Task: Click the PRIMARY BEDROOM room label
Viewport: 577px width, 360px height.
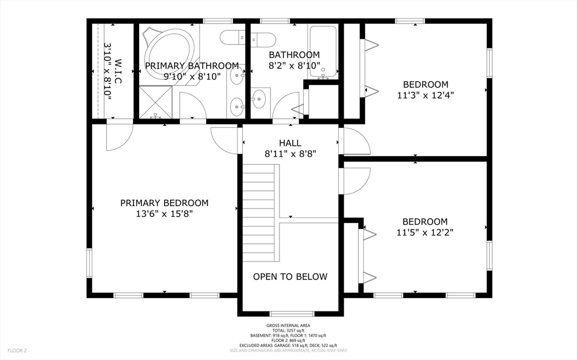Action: coord(165,203)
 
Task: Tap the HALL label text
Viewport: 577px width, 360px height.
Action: coord(290,143)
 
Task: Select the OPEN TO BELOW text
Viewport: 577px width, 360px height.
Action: coord(290,277)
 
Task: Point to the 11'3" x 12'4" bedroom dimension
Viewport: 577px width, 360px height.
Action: coord(425,95)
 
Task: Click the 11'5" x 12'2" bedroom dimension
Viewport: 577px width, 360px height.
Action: coord(425,232)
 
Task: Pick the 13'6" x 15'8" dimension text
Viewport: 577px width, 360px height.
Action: coord(165,214)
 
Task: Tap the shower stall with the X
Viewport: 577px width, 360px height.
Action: coord(156,103)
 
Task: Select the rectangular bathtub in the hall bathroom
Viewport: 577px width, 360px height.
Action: coord(323,51)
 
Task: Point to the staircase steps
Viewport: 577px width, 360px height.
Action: coord(259,213)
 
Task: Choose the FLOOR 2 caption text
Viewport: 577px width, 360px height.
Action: coord(17,351)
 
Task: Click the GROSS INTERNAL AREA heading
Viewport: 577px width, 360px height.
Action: coord(288,326)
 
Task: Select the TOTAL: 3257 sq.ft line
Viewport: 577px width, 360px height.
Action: coord(288,331)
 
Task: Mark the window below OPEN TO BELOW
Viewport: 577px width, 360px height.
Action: coord(292,314)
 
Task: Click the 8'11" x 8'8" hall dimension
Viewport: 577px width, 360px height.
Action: coord(290,153)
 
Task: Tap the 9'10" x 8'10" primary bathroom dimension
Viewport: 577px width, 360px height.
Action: coord(192,76)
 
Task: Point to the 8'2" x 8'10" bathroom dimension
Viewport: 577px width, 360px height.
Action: coord(294,65)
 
